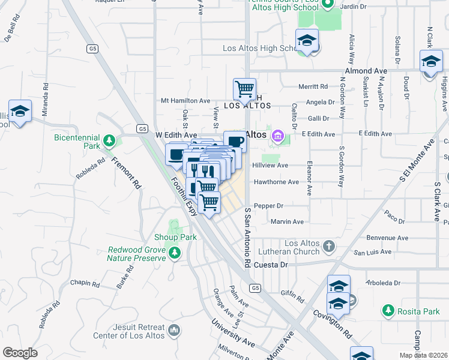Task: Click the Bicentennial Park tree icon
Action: click(x=109, y=141)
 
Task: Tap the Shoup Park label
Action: click(x=175, y=237)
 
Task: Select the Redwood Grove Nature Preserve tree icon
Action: click(x=175, y=252)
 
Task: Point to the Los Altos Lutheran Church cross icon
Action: click(x=328, y=245)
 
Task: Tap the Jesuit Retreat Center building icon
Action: click(x=175, y=329)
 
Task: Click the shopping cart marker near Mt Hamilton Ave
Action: click(x=244, y=89)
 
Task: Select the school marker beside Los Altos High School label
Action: click(x=307, y=40)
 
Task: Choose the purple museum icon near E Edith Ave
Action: click(x=276, y=137)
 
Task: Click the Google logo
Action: click(x=20, y=353)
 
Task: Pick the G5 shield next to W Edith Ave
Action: click(x=142, y=128)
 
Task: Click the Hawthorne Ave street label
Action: click(x=276, y=182)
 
